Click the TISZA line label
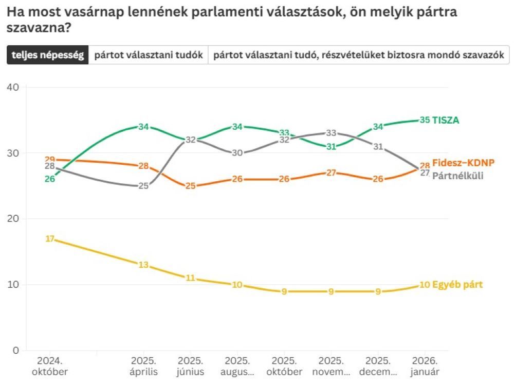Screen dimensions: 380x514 (x=446, y=120)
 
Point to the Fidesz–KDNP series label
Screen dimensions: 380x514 (x=463, y=163)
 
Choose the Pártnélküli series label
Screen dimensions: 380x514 (x=457, y=176)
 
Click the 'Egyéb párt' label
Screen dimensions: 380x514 (x=457, y=285)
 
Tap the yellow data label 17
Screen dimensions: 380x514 (x=50, y=238)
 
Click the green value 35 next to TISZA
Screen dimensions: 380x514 (x=425, y=120)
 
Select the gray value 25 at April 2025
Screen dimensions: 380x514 (x=143, y=186)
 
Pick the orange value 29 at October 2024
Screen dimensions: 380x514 (x=50, y=159)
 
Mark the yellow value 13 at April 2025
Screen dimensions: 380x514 (x=143, y=265)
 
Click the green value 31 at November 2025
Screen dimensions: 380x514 (x=331, y=147)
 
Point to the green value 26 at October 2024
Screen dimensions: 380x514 (x=50, y=179)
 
